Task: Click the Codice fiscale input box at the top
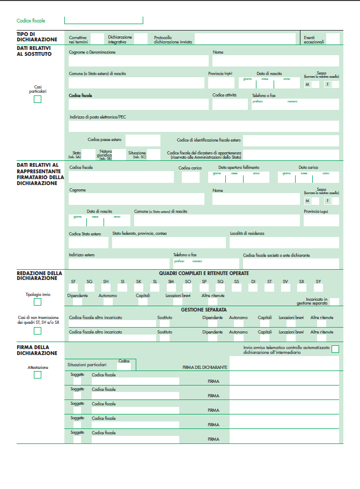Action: point(104,20)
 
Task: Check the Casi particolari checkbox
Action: point(38,99)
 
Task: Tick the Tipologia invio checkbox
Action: point(38,302)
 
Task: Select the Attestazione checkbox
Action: point(38,375)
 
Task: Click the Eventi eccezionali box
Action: point(333,39)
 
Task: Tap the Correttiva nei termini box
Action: point(97,39)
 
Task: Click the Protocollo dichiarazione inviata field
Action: point(245,39)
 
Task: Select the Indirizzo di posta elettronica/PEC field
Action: point(204,126)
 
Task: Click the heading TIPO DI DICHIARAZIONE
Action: point(37,36)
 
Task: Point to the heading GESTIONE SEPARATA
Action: point(203,310)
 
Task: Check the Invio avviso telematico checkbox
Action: point(335,349)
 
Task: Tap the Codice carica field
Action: point(190,177)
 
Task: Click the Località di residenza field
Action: point(284,242)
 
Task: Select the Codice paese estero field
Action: point(143,140)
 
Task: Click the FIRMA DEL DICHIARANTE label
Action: point(205,367)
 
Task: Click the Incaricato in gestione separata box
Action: point(334,301)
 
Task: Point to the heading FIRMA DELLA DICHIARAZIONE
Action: point(37,351)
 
